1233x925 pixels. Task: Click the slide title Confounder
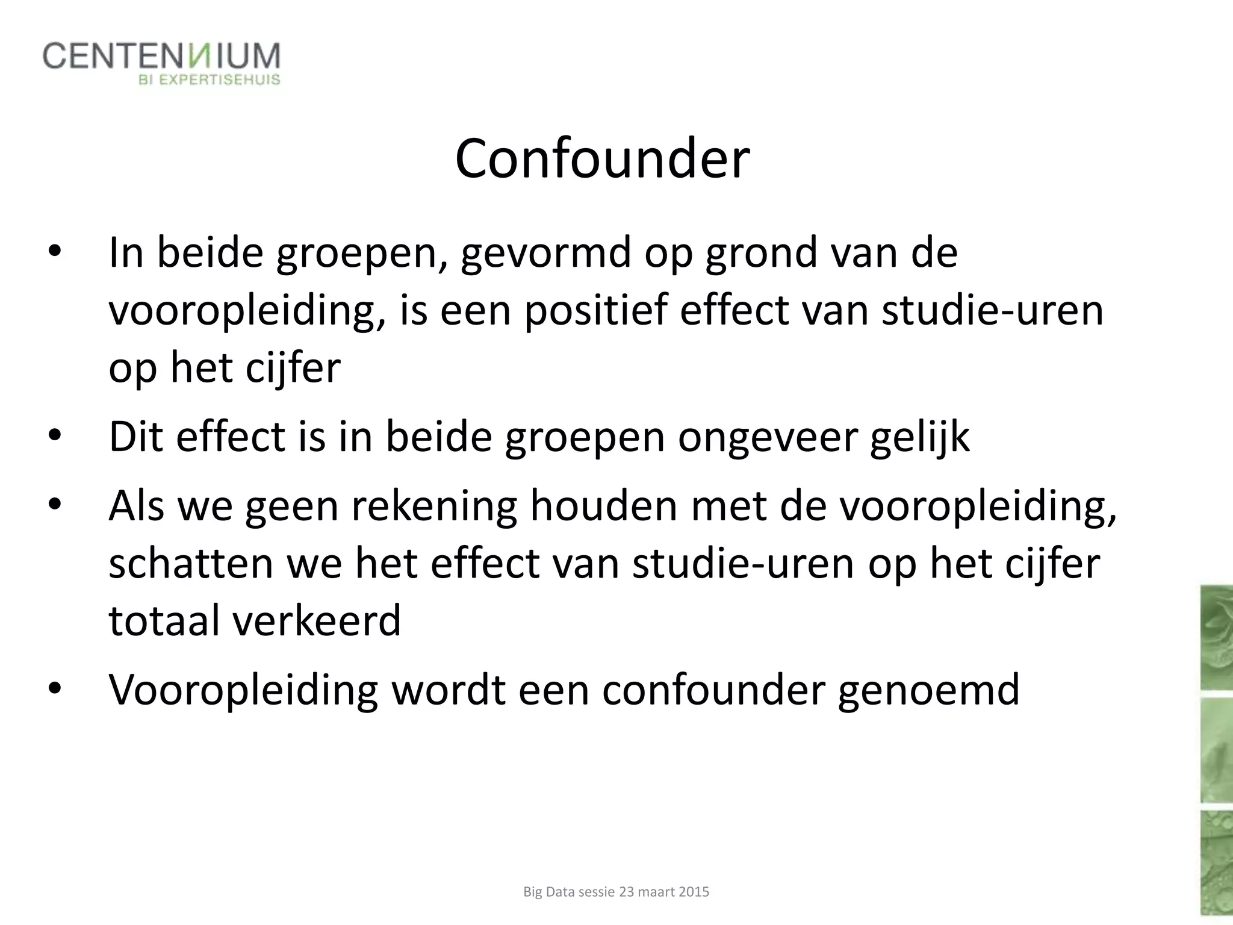click(x=602, y=159)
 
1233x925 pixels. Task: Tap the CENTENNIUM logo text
click(x=161, y=57)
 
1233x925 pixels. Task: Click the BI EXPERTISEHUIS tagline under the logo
click(x=210, y=80)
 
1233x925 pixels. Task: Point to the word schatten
click(x=191, y=564)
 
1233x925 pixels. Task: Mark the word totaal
click(x=164, y=621)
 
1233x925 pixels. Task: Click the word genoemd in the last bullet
click(x=928, y=690)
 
